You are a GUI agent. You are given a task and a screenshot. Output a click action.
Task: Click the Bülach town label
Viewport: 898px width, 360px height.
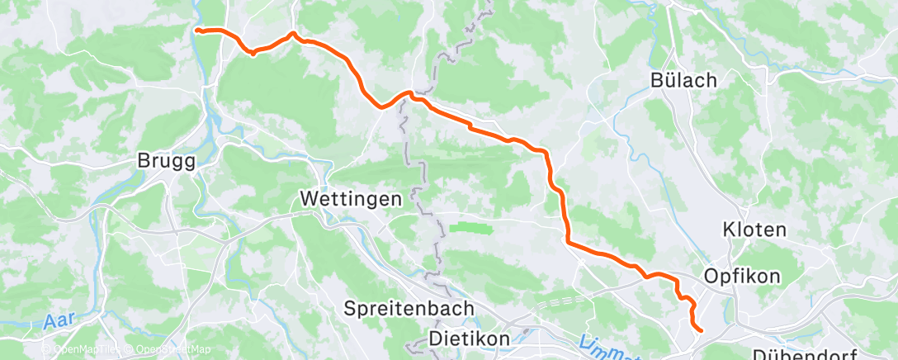pyautogui.click(x=683, y=80)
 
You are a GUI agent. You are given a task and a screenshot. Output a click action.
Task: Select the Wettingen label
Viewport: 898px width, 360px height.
pyautogui.click(x=351, y=199)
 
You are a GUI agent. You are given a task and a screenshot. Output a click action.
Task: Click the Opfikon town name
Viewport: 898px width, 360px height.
pyautogui.click(x=741, y=276)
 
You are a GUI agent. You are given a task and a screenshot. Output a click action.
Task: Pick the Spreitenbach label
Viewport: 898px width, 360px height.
pyautogui.click(x=409, y=308)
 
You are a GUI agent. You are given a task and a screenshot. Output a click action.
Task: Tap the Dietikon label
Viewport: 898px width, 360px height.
pyautogui.click(x=470, y=339)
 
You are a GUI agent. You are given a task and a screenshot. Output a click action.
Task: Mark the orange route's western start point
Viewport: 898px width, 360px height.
pyautogui.click(x=196, y=31)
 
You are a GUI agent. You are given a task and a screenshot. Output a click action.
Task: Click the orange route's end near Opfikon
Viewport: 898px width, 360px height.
pyautogui.click(x=701, y=330)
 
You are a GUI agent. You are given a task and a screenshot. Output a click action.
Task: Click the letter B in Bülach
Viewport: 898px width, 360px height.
pyautogui.click(x=657, y=80)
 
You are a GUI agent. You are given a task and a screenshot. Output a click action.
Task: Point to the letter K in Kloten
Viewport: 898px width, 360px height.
pyautogui.click(x=729, y=229)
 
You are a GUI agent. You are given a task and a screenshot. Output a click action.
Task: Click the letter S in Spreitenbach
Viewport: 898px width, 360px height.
pyautogui.click(x=350, y=308)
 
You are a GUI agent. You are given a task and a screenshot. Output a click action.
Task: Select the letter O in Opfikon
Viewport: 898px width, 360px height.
pyautogui.click(x=711, y=276)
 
